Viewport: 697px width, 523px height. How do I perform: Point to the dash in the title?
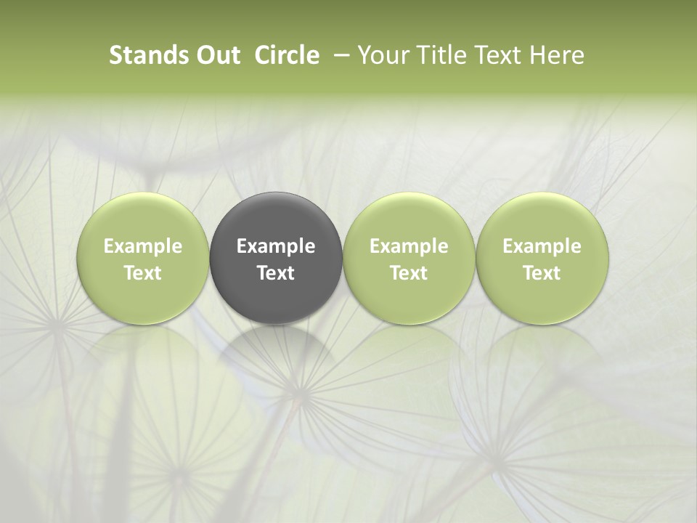click(339, 55)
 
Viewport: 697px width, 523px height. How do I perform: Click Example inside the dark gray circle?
click(276, 246)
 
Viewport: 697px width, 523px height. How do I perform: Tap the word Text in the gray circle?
click(276, 273)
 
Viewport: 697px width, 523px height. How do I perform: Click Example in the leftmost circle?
click(143, 246)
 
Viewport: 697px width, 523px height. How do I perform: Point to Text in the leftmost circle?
click(143, 273)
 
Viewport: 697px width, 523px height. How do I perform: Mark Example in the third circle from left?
click(409, 246)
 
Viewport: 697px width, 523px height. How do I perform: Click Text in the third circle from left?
click(409, 273)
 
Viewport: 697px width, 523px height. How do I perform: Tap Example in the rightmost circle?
click(542, 246)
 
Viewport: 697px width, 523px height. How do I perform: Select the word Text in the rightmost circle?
click(542, 273)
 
